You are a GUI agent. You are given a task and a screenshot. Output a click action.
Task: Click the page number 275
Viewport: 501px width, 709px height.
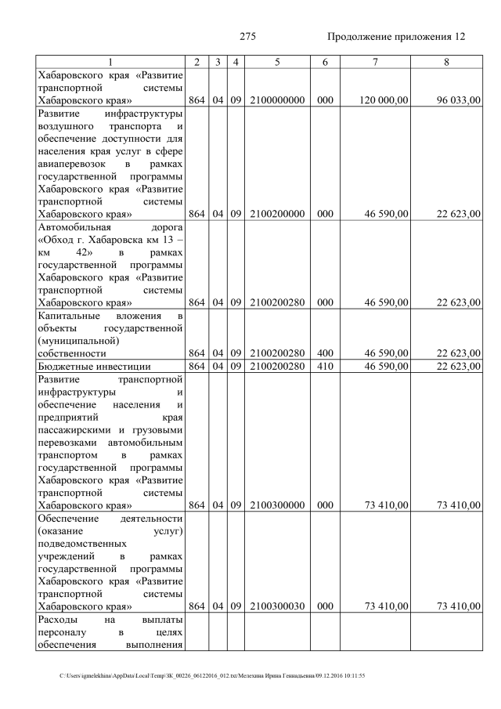(x=248, y=37)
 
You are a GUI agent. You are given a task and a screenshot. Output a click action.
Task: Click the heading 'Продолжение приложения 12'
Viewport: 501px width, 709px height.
(x=395, y=37)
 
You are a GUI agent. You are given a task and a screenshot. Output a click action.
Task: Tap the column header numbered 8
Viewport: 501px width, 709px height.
(x=445, y=61)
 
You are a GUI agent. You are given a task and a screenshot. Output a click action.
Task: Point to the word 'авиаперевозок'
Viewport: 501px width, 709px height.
(x=71, y=164)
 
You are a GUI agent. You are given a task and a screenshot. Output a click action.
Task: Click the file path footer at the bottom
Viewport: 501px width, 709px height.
(x=211, y=675)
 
